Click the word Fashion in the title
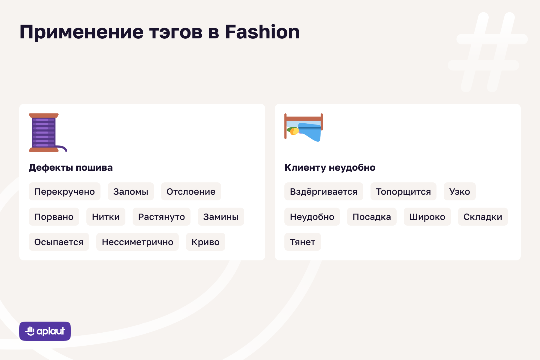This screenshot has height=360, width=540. coord(262,32)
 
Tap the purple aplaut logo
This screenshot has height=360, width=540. coord(45,331)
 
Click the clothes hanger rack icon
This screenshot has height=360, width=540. coord(304,127)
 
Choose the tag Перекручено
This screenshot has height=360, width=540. coord(64,191)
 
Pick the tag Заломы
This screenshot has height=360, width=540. coord(131,191)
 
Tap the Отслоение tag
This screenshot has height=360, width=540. coord(191,191)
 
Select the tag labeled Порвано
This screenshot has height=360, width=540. coord(54,217)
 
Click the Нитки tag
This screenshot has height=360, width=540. coord(106,217)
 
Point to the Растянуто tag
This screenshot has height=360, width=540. coord(161,217)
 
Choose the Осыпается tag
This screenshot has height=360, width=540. coord(59,242)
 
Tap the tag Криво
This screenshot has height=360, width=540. coord(205,242)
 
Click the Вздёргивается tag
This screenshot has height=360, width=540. coord(324,191)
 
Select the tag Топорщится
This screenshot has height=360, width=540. coord(403,191)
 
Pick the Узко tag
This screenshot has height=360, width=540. coord(460,191)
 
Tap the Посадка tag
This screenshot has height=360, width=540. coord(372,217)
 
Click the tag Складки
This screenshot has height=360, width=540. coord(483,217)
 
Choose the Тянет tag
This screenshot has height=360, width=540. coord(303,242)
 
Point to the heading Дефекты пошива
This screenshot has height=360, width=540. coord(71,167)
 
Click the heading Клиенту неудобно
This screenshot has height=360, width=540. coord(330,167)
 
